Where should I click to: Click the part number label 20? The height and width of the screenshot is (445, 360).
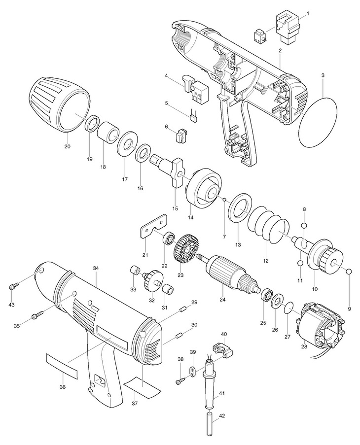click(x=68, y=146)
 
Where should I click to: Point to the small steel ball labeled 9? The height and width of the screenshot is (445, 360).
click(x=349, y=272)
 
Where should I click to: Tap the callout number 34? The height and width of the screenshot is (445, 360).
click(x=96, y=268)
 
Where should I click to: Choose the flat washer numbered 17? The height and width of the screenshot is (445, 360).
click(x=127, y=145)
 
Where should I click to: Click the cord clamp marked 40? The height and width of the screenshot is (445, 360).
click(x=220, y=348)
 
